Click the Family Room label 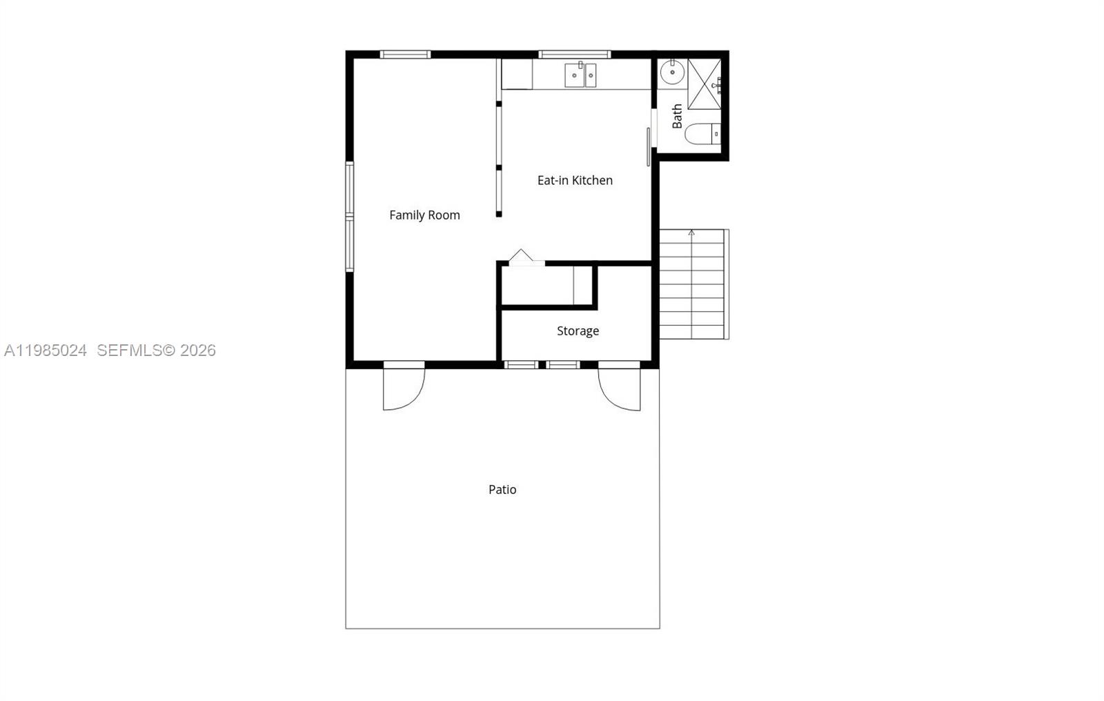tap(424, 215)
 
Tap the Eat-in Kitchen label tap(575, 180)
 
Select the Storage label tap(578, 331)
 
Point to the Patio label tap(502, 490)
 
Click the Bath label tap(677, 116)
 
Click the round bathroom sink tap(671, 71)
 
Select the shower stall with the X tap(704, 84)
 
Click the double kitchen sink tap(580, 75)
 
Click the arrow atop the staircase tap(691, 233)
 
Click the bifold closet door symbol tap(521, 257)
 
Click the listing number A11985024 tap(46, 350)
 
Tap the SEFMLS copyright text tap(156, 350)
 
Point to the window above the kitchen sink tap(574, 54)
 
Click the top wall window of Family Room tap(405, 54)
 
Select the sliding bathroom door tap(649, 146)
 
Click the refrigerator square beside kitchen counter tap(516, 74)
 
